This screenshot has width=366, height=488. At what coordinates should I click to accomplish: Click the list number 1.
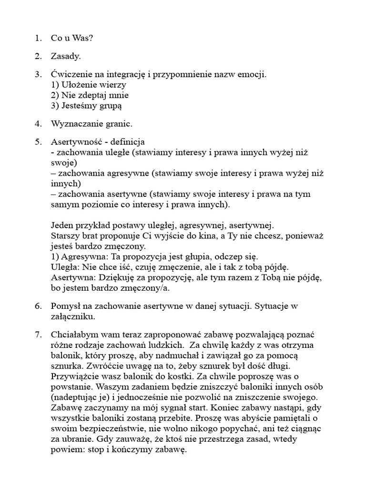point(37,38)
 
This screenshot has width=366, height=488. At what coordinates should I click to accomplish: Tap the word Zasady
point(66,56)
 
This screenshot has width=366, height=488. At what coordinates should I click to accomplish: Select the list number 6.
point(37,305)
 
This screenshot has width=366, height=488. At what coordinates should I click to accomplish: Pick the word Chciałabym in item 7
point(76,335)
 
